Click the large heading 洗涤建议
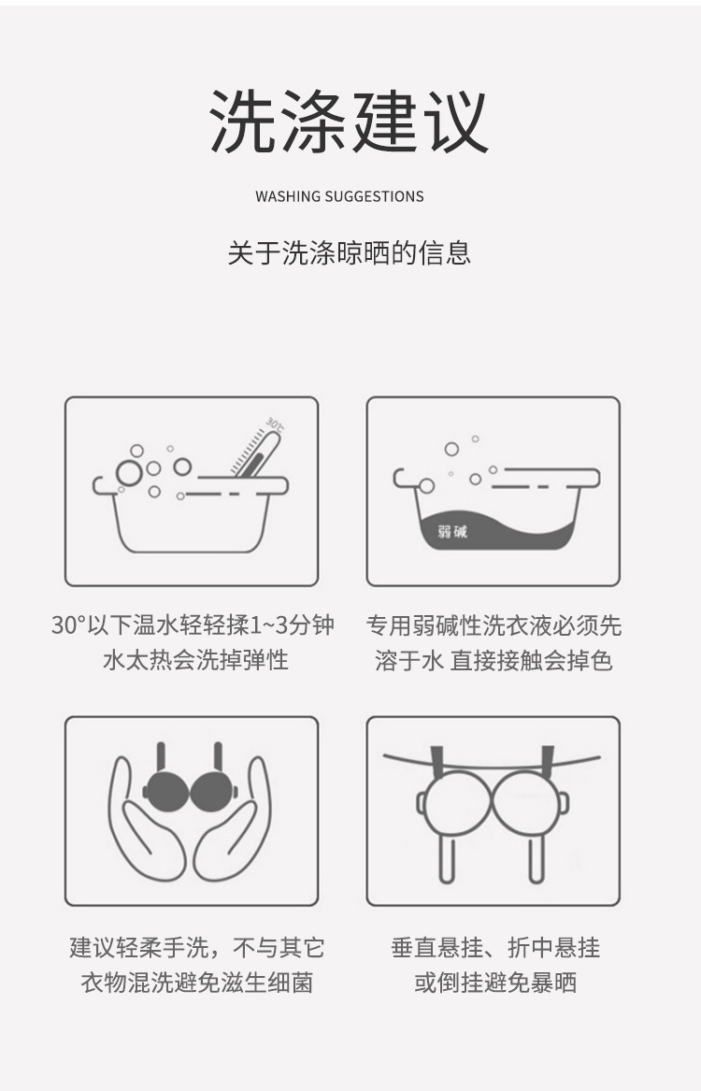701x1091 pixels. [350, 122]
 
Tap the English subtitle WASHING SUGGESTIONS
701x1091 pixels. [339, 196]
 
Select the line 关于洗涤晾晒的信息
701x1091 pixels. [350, 252]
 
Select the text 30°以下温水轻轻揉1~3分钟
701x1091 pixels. [193, 624]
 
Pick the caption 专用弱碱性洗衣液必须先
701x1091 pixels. [493, 624]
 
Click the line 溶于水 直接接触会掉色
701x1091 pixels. [493, 660]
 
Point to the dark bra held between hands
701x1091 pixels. [191, 790]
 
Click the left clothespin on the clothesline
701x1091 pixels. [436, 763]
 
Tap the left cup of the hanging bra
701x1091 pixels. [455, 804]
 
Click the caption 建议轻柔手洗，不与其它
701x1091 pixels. [196, 947]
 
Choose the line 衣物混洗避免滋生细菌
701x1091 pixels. [196, 983]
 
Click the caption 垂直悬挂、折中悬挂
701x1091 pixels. [494, 947]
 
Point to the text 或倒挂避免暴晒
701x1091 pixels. [494, 983]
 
